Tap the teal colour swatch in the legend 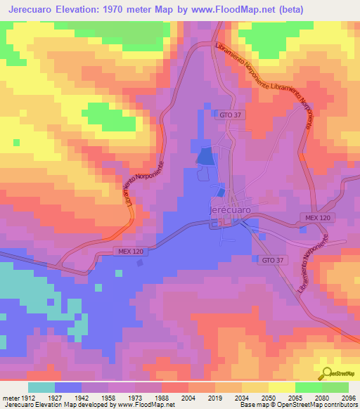click(41, 387)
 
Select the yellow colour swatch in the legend click(281, 387)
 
